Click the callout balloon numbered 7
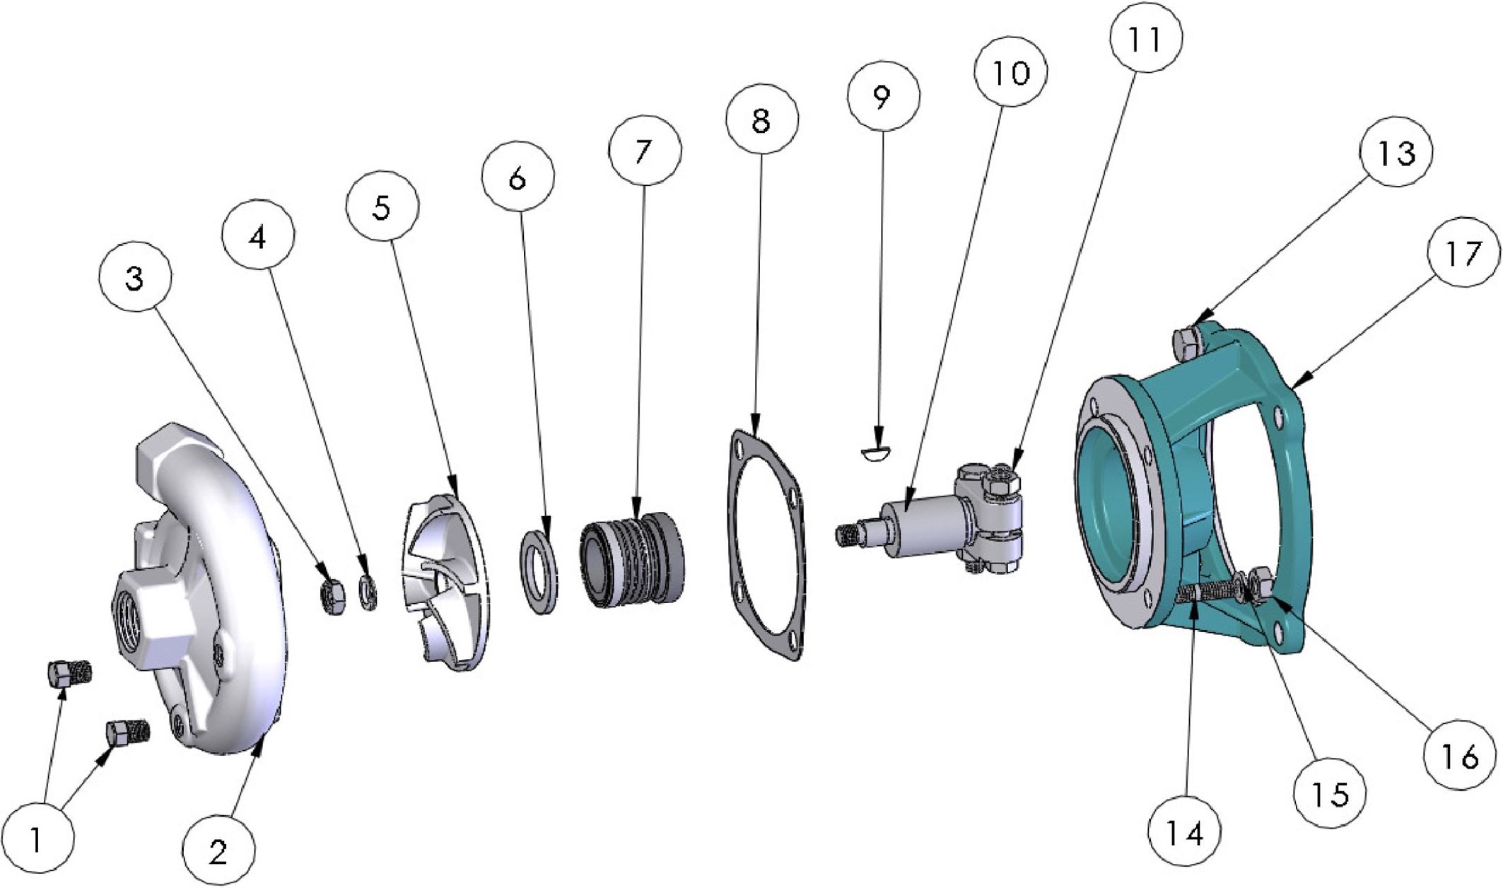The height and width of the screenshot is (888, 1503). (x=645, y=151)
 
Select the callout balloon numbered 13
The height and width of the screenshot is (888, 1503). (x=1396, y=151)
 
